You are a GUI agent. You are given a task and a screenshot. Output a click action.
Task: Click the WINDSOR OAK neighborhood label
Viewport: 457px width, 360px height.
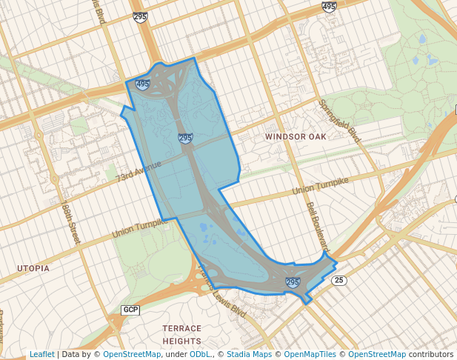click(x=296, y=137)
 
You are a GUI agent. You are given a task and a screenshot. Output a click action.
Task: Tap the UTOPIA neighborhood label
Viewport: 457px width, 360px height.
click(x=33, y=267)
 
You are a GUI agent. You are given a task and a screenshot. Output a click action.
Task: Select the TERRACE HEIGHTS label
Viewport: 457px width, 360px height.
click(x=181, y=334)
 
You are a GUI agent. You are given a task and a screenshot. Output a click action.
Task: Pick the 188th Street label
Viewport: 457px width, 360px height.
click(x=70, y=223)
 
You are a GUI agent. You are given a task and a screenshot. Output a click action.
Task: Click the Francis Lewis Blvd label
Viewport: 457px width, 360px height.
click(x=221, y=293)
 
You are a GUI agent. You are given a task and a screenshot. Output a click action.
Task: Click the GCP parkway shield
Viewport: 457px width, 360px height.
click(x=130, y=309)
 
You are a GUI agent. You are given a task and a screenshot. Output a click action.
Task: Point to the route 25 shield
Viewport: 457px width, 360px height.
click(x=339, y=280)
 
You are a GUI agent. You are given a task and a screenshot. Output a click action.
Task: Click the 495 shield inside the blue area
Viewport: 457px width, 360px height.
click(x=143, y=85)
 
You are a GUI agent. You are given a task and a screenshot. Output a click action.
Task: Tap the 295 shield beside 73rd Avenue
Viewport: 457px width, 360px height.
click(x=185, y=138)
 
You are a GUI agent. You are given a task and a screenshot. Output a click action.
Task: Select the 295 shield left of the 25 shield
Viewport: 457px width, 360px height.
click(x=293, y=282)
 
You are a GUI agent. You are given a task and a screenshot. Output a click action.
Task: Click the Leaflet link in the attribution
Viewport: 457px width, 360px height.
click(x=41, y=354)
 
